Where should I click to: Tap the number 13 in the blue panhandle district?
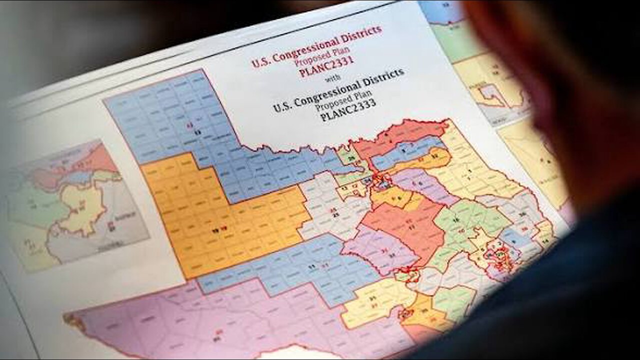197,131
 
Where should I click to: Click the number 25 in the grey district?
335,213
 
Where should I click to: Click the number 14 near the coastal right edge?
544,240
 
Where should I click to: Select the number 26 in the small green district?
351,158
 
